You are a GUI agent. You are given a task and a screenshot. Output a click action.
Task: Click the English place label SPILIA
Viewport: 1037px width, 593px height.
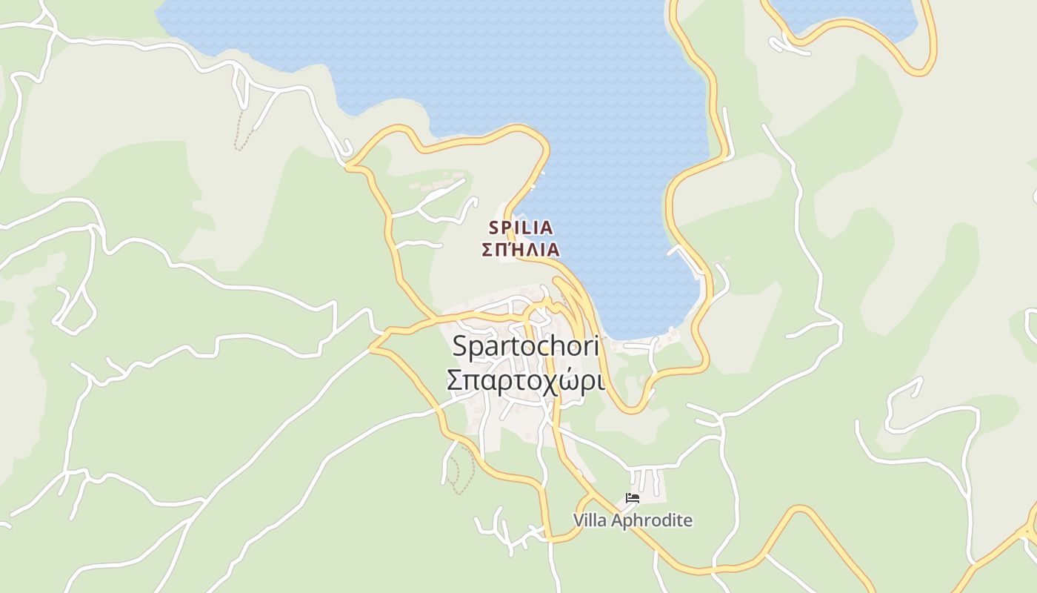point(521,228)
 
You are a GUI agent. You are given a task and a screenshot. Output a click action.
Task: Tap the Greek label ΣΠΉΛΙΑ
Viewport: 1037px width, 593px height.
point(521,250)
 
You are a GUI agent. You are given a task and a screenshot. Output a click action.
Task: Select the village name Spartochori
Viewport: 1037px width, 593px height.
point(524,347)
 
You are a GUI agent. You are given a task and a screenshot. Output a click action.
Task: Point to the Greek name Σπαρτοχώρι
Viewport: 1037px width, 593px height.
point(525,380)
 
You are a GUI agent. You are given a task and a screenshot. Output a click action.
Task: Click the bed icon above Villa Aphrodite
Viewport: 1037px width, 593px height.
point(633,498)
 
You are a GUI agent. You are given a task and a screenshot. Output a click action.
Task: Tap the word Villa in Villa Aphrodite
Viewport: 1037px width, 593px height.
point(590,520)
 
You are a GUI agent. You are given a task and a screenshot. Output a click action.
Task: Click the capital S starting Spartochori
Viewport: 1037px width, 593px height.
point(460,347)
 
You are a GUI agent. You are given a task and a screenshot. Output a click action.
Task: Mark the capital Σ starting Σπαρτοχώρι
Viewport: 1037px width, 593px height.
point(456,380)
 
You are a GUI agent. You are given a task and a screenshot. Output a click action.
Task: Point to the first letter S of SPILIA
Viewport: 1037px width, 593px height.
point(494,228)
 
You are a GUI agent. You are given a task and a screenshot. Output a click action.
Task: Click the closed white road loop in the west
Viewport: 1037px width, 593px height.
point(74,311)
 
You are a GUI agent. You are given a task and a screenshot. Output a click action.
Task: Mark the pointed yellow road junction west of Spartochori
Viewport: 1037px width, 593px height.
point(372,347)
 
